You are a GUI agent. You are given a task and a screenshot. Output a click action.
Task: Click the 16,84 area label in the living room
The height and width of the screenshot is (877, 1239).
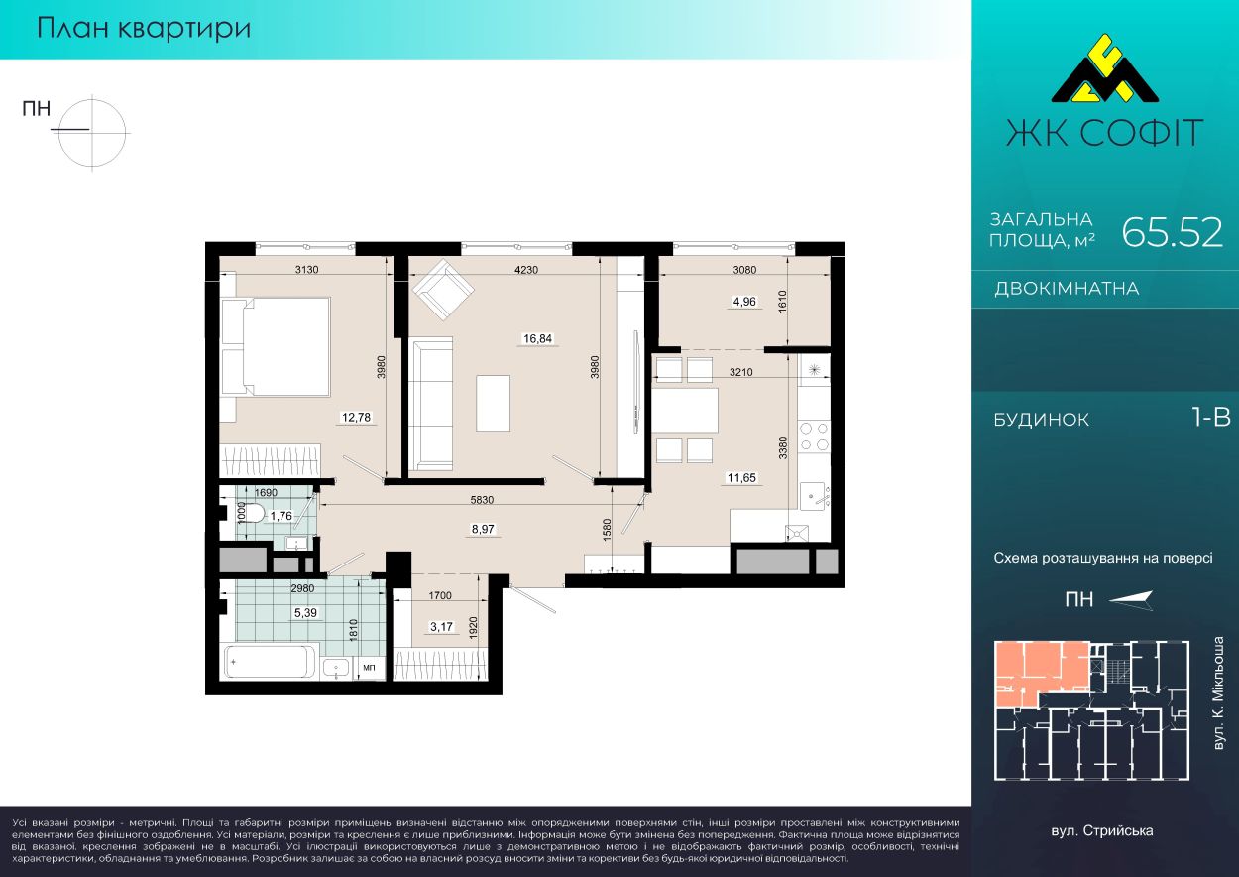[537, 339]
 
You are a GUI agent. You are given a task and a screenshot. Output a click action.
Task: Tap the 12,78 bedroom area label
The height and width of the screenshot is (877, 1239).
[356, 418]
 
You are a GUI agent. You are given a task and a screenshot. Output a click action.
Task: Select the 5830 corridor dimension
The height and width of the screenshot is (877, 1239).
[482, 499]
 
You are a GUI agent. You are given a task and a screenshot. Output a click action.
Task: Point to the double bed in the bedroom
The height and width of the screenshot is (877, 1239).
[276, 346]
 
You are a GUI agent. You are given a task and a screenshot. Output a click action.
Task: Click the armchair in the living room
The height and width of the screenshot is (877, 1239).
[443, 289]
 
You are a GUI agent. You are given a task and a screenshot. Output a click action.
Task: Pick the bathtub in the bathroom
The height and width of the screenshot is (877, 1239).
[270, 662]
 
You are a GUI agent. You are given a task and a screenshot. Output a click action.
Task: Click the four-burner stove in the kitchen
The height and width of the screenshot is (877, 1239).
[815, 437]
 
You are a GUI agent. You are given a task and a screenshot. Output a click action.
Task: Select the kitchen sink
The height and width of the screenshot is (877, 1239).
[814, 495]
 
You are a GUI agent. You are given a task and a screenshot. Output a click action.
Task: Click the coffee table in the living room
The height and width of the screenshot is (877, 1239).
[493, 403]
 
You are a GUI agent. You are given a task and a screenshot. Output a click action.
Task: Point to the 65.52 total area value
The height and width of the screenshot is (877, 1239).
[1172, 232]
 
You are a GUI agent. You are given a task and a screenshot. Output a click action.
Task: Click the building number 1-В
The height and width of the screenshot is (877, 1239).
[1211, 418]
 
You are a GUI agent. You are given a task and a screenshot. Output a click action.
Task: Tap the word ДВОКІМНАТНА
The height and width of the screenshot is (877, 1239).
[1067, 289]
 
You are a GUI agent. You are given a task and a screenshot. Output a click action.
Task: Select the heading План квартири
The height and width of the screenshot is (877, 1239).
[144, 29]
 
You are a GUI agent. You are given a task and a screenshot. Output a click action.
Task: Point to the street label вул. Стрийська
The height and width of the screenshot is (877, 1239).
[1102, 831]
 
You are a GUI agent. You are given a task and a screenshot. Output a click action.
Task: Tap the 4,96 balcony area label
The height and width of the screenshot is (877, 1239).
[744, 302]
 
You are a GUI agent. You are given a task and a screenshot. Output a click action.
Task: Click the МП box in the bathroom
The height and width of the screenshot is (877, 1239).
[369, 668]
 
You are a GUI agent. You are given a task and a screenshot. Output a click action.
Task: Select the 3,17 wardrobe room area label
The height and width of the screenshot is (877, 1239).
[441, 627]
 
